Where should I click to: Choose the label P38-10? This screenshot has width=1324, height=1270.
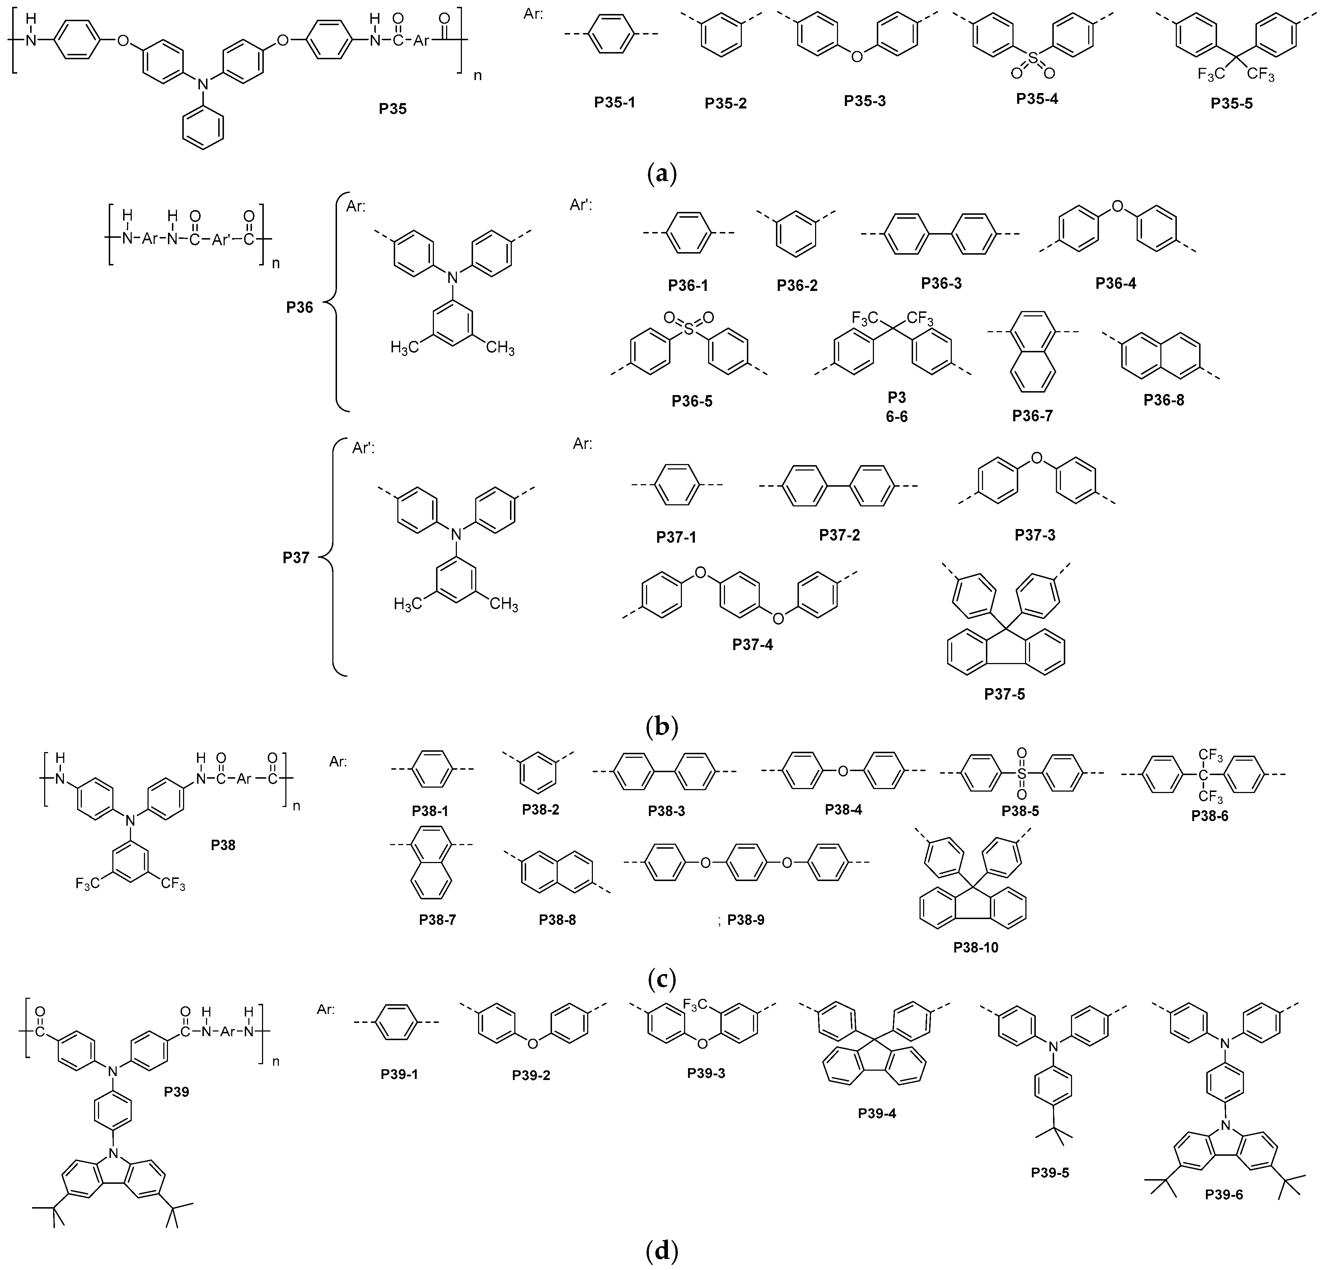(x=976, y=947)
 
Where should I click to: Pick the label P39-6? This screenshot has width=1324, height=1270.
(x=1224, y=1194)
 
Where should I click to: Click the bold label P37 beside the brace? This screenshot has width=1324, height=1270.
(x=296, y=558)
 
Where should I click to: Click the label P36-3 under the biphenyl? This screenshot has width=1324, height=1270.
(x=941, y=283)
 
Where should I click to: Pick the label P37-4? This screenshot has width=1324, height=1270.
(x=753, y=645)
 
